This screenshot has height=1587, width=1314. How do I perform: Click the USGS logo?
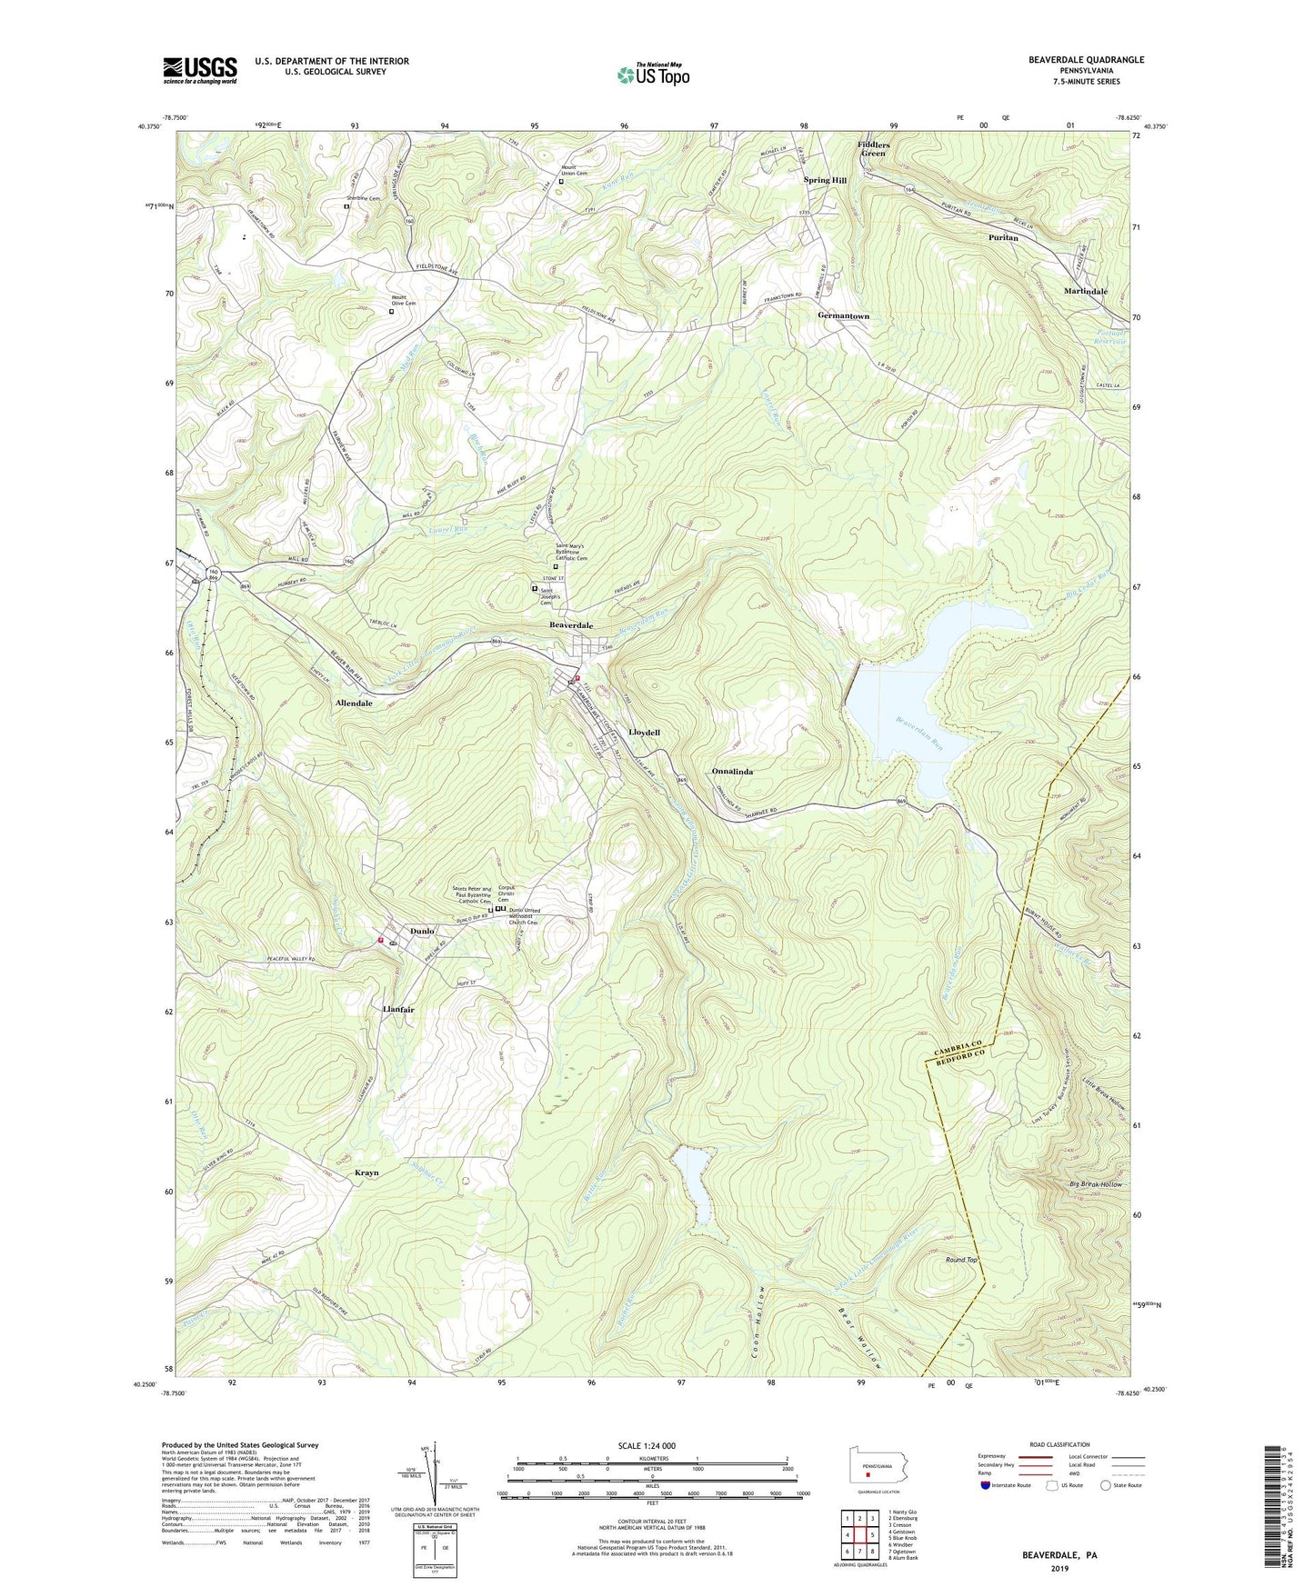click(200, 70)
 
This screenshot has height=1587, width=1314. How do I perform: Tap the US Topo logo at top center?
click(652, 75)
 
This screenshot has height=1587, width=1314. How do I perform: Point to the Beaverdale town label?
click(571, 625)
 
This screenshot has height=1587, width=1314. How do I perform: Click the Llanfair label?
click(392, 1010)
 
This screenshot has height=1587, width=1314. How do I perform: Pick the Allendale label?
click(354, 704)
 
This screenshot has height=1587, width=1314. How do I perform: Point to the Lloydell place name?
click(644, 732)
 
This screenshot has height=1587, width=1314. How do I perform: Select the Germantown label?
click(843, 316)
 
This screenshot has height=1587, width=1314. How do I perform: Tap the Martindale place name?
click(1086, 292)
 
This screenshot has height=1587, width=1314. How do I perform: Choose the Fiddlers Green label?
click(873, 149)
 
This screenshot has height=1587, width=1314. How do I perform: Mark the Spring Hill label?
click(825, 180)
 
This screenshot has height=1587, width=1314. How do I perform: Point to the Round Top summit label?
click(961, 1260)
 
